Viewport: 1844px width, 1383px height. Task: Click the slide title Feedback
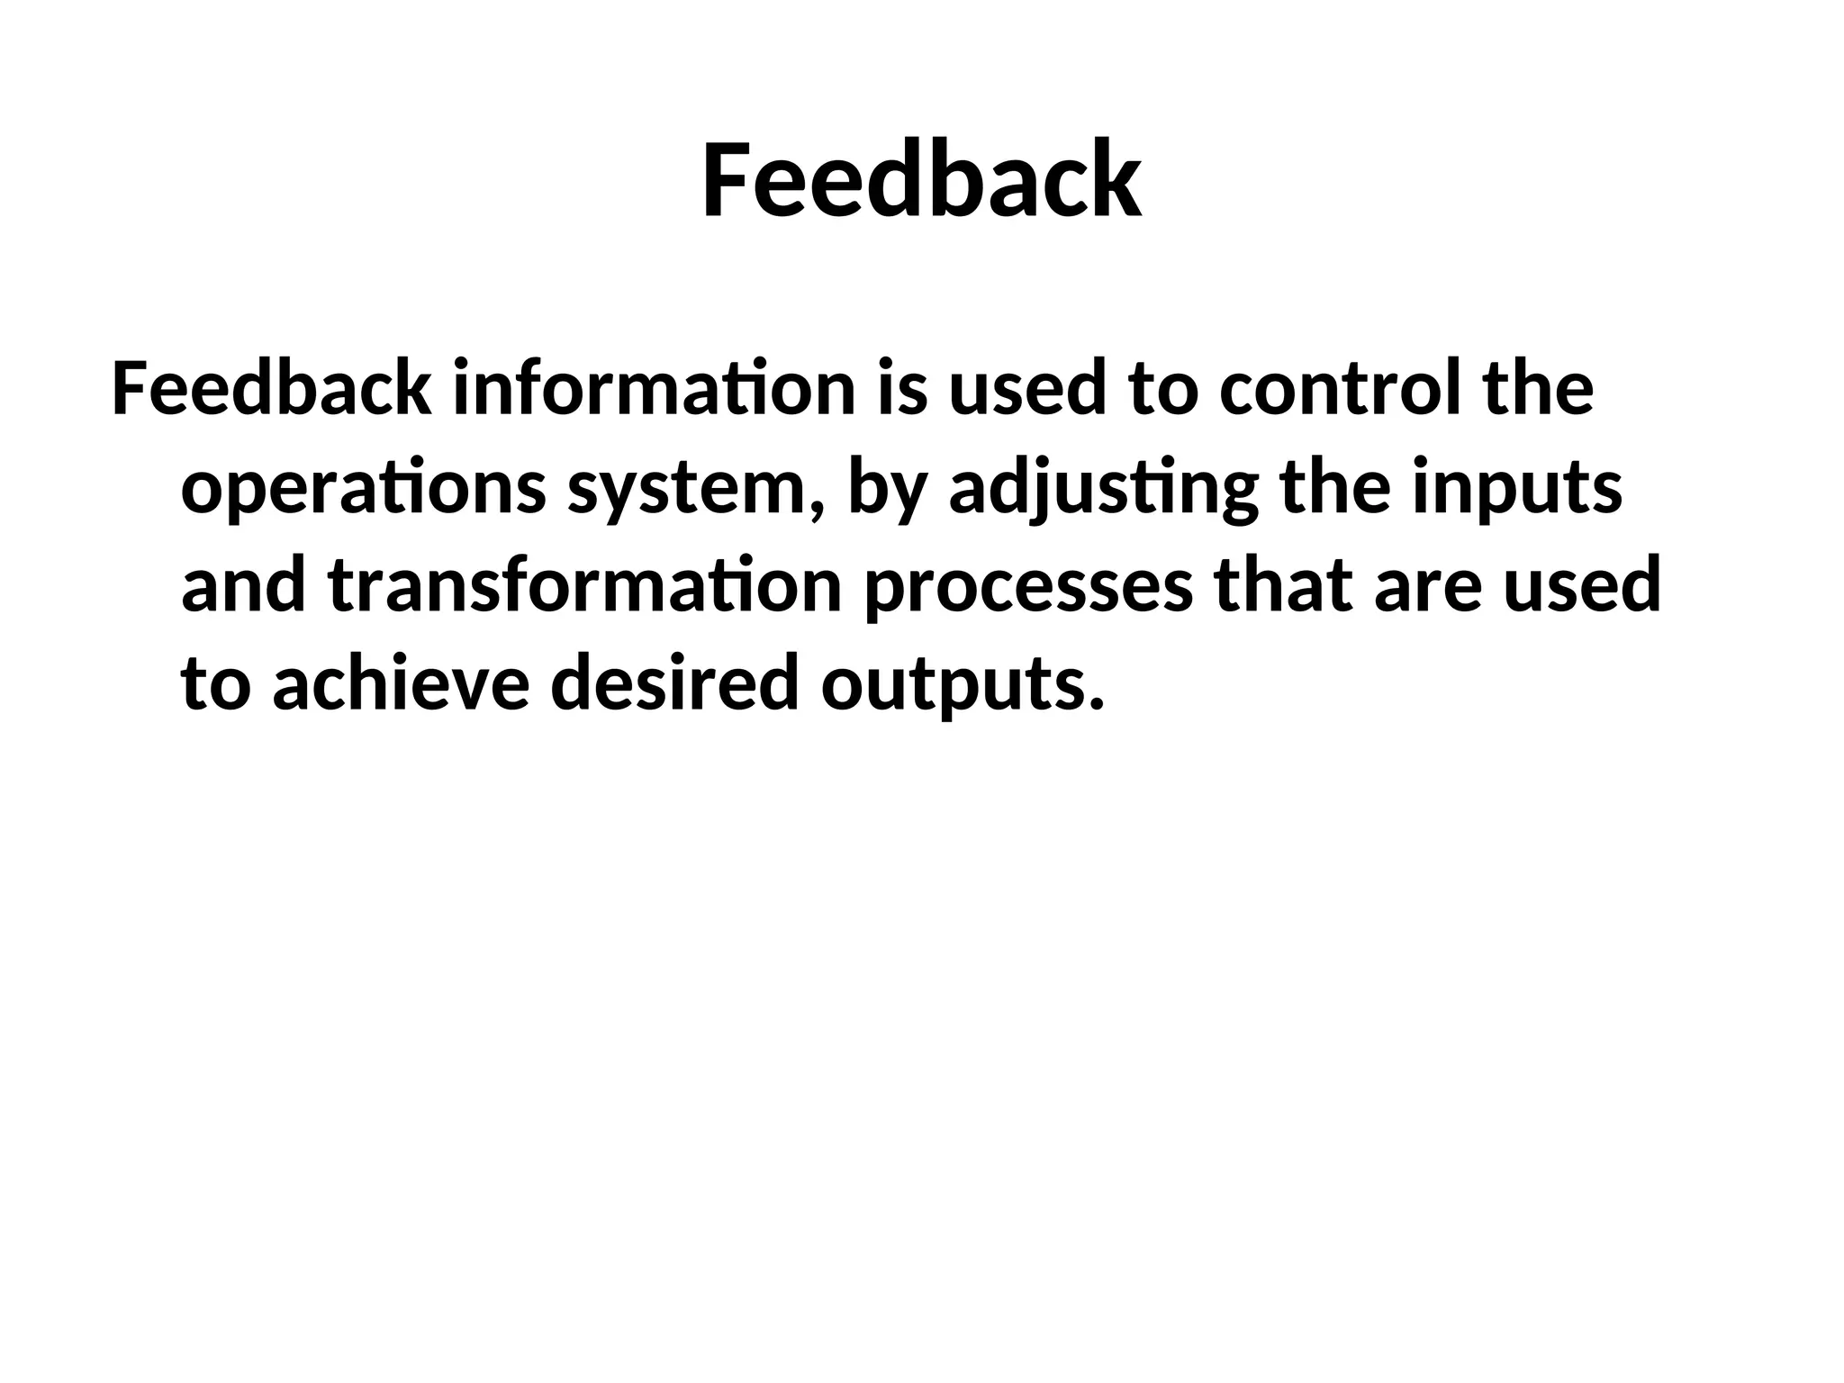pos(922,180)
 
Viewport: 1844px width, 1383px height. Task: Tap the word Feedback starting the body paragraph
pos(270,389)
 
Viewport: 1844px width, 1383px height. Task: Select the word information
pos(654,389)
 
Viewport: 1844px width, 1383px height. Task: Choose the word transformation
pos(585,585)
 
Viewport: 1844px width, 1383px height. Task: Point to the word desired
pos(674,682)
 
